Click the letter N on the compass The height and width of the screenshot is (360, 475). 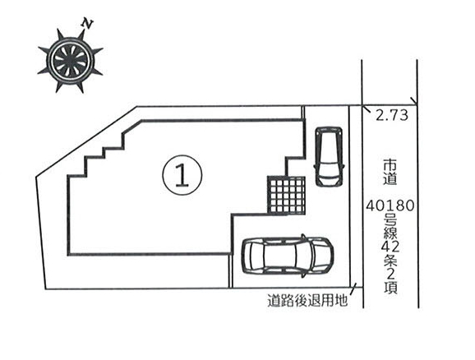point(88,24)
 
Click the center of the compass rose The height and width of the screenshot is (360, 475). point(70,60)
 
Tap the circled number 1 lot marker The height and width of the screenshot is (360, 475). point(182,175)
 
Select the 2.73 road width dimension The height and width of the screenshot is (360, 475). point(392,115)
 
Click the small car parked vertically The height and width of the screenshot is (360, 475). point(330,156)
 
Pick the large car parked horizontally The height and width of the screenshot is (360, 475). point(287,256)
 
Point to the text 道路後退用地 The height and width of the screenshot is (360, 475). point(307,300)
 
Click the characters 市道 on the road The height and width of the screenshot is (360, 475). point(390,172)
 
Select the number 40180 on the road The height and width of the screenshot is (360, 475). point(390,206)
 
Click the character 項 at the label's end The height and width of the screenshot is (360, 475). point(390,288)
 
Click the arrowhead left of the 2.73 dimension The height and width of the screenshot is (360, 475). point(367,108)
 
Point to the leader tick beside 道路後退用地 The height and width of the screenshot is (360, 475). point(353,288)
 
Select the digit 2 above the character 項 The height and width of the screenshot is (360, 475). point(390,274)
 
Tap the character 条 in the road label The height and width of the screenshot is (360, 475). point(390,261)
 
